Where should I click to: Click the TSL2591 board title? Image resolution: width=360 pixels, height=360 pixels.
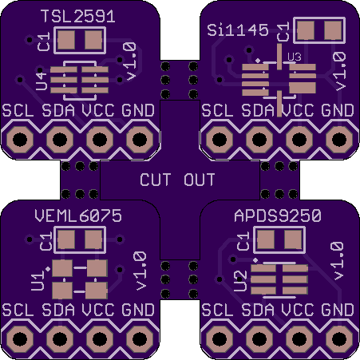78,17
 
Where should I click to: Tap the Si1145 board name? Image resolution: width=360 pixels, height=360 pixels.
238,30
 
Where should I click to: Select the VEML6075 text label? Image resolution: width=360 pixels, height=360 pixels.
78,216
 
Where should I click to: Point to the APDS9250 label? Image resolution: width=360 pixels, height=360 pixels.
278,216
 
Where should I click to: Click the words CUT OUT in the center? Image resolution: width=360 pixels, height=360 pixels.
177,180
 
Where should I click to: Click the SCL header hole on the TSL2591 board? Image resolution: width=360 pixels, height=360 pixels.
20,140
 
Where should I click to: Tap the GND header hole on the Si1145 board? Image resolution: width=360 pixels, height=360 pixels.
339,140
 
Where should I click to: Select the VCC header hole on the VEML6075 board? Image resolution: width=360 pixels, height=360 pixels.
100,339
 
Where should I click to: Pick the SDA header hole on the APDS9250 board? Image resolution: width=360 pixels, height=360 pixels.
259,339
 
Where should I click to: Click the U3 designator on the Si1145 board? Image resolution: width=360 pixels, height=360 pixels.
295,57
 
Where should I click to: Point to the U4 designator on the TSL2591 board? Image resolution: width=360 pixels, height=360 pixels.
42,81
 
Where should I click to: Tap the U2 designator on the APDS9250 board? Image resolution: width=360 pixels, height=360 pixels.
242,281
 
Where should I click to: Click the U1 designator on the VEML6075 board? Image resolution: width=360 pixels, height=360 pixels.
38,281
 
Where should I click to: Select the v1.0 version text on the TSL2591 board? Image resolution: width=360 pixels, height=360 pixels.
131,61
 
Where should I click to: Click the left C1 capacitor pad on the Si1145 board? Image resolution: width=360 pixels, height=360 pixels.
306,30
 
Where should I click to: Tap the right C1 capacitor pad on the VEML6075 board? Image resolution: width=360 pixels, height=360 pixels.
93,239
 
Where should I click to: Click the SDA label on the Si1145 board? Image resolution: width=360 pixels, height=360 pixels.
258,110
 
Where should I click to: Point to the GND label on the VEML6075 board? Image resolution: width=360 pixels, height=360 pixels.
138,310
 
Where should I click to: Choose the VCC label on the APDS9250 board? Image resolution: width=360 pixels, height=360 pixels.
298,310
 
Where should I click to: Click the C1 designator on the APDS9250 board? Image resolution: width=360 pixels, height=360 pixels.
243,241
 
